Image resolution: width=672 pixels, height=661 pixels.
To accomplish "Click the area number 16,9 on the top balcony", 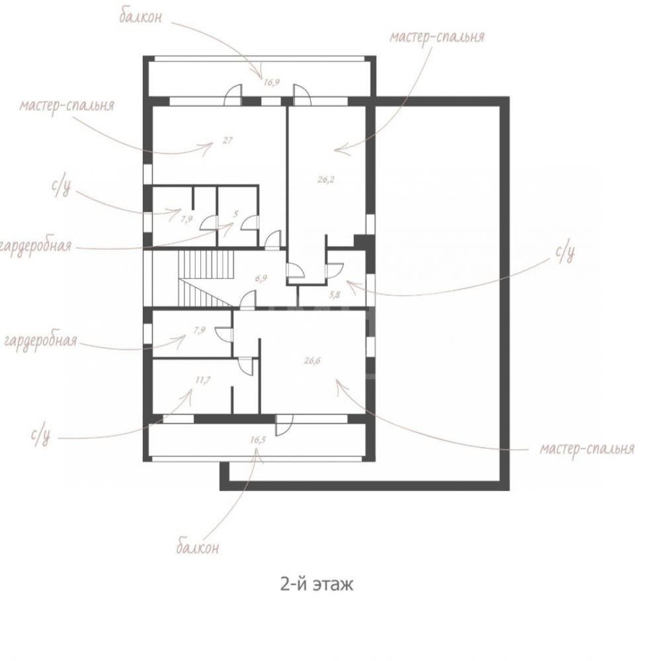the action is click(x=271, y=82).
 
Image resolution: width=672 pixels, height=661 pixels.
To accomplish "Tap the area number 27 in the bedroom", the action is click(x=228, y=140).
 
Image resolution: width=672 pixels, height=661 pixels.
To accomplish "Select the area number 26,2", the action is click(x=325, y=180).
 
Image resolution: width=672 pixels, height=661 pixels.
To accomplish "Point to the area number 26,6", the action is click(x=312, y=361).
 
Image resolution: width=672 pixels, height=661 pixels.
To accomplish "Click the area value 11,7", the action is click(x=202, y=380).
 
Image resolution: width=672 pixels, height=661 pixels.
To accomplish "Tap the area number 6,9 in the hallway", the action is click(x=261, y=278).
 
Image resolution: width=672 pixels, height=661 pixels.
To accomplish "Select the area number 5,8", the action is click(x=334, y=294).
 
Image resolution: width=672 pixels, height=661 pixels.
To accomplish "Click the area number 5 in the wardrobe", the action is click(x=235, y=214).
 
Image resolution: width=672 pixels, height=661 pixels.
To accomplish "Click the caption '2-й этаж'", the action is click(x=317, y=584).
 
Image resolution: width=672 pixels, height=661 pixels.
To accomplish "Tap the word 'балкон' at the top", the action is click(x=141, y=17).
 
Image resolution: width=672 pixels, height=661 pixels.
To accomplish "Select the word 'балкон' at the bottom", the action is click(x=198, y=547).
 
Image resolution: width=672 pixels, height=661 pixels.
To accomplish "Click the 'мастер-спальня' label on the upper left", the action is click(x=67, y=105).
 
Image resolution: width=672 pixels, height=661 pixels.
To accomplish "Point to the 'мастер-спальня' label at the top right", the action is click(x=437, y=36).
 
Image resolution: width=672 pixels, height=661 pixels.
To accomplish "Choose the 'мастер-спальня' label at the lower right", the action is click(x=587, y=449).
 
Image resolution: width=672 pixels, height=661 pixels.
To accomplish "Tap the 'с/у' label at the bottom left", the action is click(x=41, y=436).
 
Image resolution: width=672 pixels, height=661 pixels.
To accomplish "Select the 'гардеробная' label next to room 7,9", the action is click(x=41, y=341).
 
